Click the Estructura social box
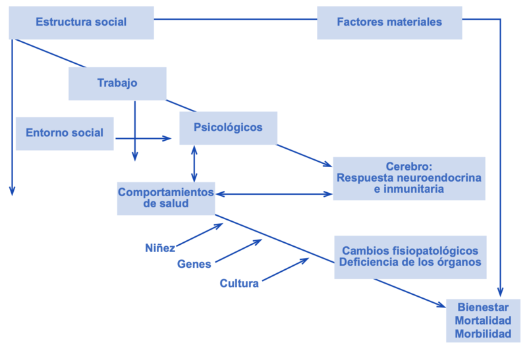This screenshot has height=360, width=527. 81,22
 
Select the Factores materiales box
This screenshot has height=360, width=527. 389,22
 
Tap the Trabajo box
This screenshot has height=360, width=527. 117,84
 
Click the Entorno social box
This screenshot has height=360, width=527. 65,133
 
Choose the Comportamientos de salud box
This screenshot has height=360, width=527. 166,198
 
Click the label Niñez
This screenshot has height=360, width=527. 160,248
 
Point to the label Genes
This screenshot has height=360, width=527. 194,265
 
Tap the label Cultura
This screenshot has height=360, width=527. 239,284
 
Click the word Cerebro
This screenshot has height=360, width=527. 408,167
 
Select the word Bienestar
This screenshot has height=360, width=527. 483,307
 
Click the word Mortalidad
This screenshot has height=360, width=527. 483,321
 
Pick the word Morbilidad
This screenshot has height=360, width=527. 483,334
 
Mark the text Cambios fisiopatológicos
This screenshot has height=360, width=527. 410,251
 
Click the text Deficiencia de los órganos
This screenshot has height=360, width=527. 410,263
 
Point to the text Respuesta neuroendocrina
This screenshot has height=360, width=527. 408,178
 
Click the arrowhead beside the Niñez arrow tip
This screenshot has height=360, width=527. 220,226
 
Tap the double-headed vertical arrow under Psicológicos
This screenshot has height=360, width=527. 194,163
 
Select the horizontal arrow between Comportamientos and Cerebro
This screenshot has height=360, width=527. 274,194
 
